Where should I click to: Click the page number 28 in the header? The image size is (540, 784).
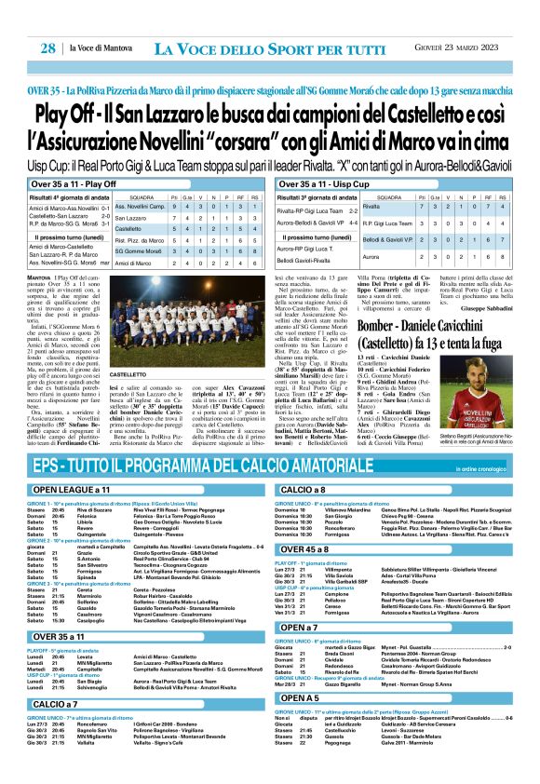tap(43, 47)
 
